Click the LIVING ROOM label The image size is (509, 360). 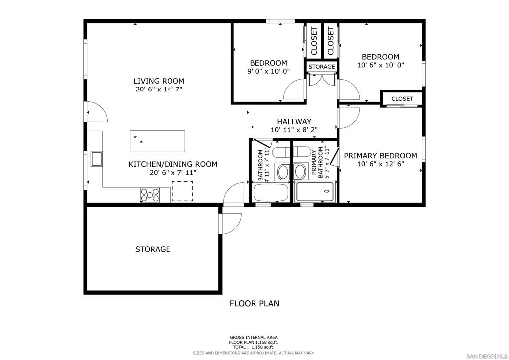coord(159,81)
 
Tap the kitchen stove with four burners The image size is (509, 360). coord(150,195)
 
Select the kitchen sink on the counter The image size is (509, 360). coord(97,159)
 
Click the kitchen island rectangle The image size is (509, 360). coord(158,141)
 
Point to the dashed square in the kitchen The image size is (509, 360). coord(182,191)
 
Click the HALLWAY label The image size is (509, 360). coord(294,122)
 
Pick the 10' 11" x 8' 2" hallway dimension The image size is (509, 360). coord(294,130)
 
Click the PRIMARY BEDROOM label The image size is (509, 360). coord(380,156)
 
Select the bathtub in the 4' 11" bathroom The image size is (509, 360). coord(271,193)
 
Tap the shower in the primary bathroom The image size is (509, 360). coord(314,192)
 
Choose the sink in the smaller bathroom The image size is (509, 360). coord(283,171)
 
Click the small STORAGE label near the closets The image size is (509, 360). coord(322,67)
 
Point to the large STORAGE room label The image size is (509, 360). coord(153,249)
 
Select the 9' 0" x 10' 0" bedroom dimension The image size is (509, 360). coord(268,71)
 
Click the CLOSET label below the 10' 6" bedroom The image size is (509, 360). coord(402,99)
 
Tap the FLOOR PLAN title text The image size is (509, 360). coord(254,303)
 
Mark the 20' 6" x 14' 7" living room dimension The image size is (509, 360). coord(159,90)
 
